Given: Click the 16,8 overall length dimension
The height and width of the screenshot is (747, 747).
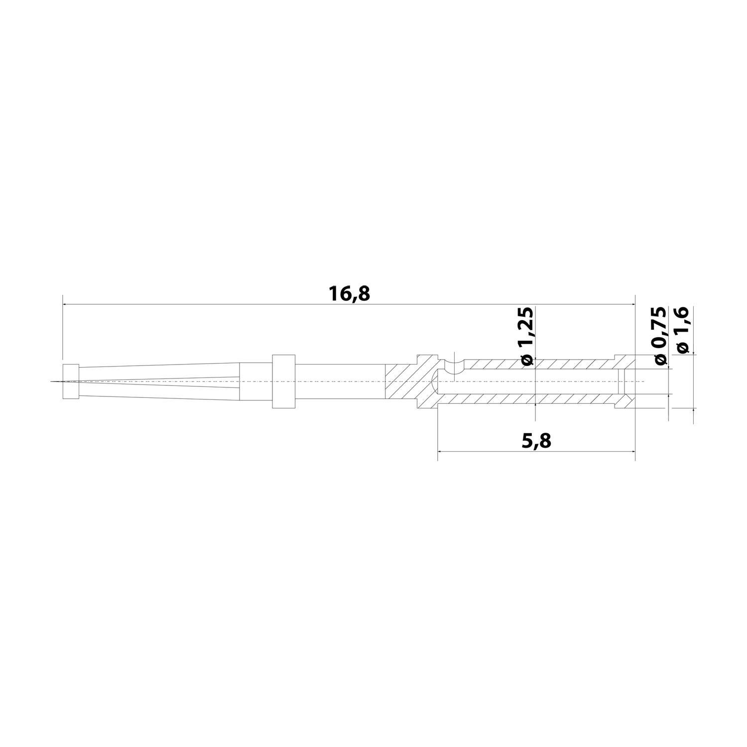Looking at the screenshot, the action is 349,294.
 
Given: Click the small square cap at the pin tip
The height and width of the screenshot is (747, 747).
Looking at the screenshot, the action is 71,381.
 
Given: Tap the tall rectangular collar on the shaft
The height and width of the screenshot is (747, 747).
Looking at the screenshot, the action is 284,381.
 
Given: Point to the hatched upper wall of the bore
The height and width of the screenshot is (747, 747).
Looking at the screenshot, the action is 538,364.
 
